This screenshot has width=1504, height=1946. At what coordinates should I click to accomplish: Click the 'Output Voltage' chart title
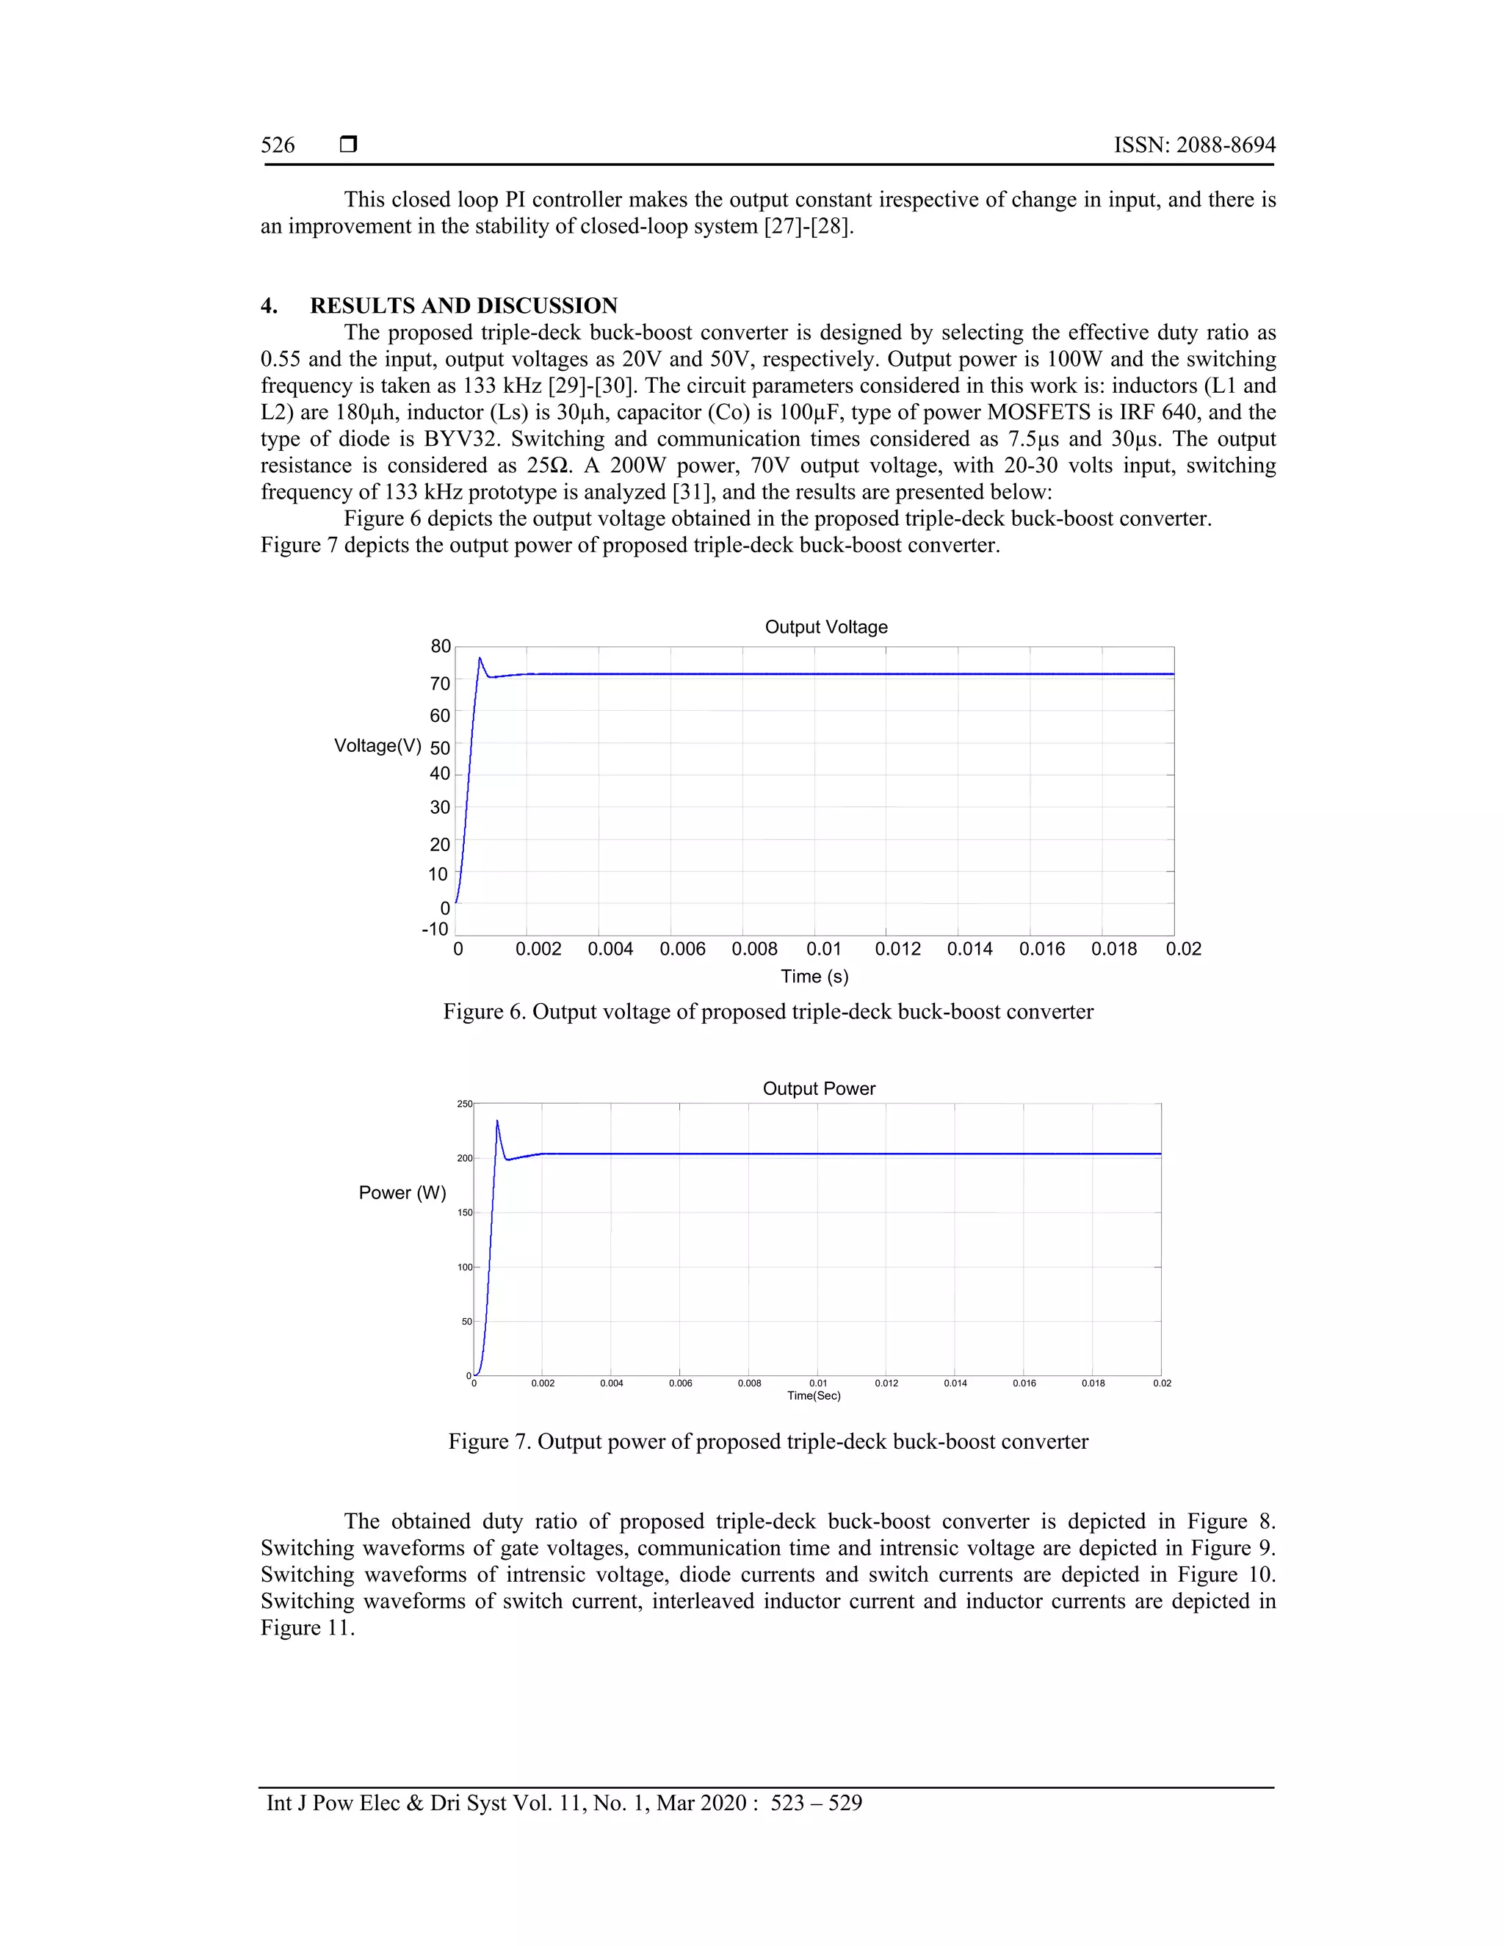tap(826, 627)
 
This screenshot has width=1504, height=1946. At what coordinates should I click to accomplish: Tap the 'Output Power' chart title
tap(819, 1089)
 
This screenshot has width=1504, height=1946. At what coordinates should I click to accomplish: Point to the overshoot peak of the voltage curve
tap(480, 659)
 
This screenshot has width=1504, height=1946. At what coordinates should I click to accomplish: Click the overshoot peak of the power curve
tap(497, 1121)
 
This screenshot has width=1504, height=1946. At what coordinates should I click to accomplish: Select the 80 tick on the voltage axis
tap(440, 647)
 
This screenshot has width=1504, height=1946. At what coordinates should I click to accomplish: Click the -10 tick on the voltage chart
tap(435, 930)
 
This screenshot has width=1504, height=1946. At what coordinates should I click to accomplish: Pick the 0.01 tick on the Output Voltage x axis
tap(823, 949)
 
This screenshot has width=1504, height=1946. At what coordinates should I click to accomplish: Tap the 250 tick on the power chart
tap(464, 1104)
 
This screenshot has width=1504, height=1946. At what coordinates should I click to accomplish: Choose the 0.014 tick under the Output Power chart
tap(955, 1383)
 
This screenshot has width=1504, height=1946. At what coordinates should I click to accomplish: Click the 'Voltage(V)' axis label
tap(377, 746)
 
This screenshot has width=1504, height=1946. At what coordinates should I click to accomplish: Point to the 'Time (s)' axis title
tap(814, 977)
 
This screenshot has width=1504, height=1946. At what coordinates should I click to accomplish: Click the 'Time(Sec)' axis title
tap(814, 1395)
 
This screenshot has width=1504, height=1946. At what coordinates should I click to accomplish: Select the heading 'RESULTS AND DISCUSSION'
tap(463, 305)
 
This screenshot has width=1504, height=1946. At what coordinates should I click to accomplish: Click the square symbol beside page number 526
tap(348, 145)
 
